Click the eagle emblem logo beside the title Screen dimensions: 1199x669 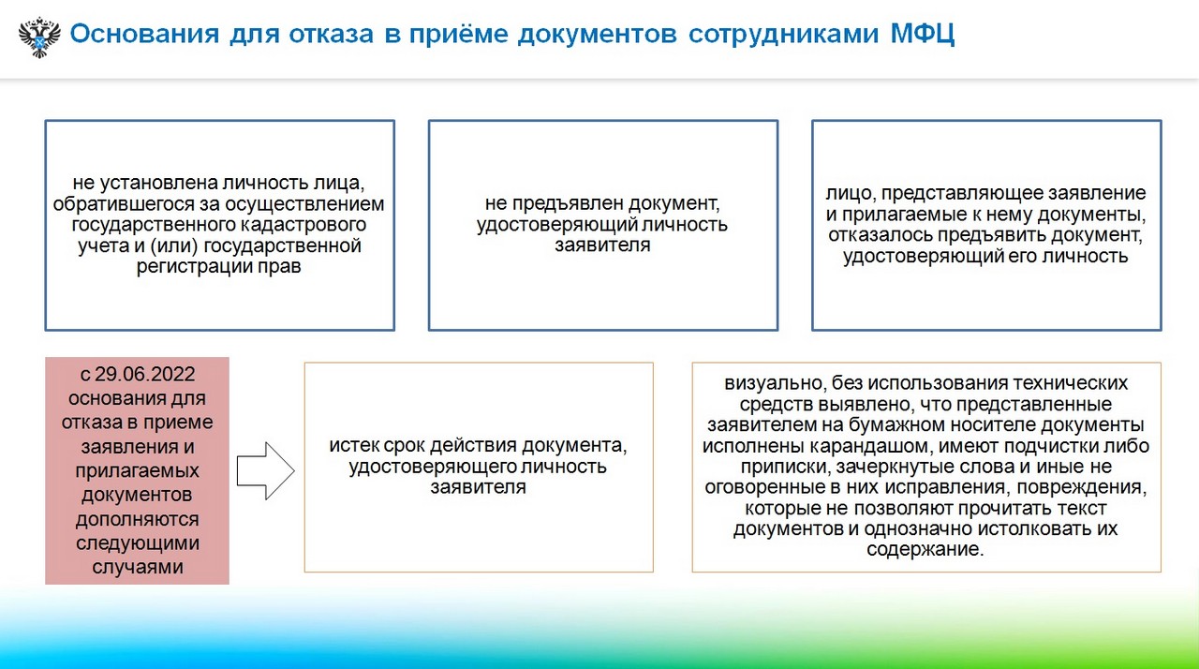(x=39, y=37)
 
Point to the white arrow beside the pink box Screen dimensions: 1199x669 (x=265, y=471)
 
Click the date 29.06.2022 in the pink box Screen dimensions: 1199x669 (x=145, y=374)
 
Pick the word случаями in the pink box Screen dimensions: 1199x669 (x=138, y=566)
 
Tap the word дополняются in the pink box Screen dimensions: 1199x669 (x=138, y=518)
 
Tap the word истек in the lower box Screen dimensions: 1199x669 (x=354, y=445)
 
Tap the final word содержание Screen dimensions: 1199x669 (x=925, y=550)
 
